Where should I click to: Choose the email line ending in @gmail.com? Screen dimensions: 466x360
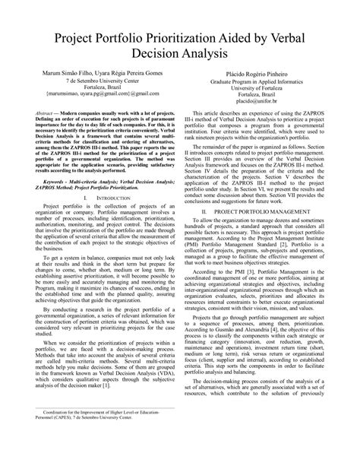coord(96,92)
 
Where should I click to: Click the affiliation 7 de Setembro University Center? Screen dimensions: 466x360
coord(96,75)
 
